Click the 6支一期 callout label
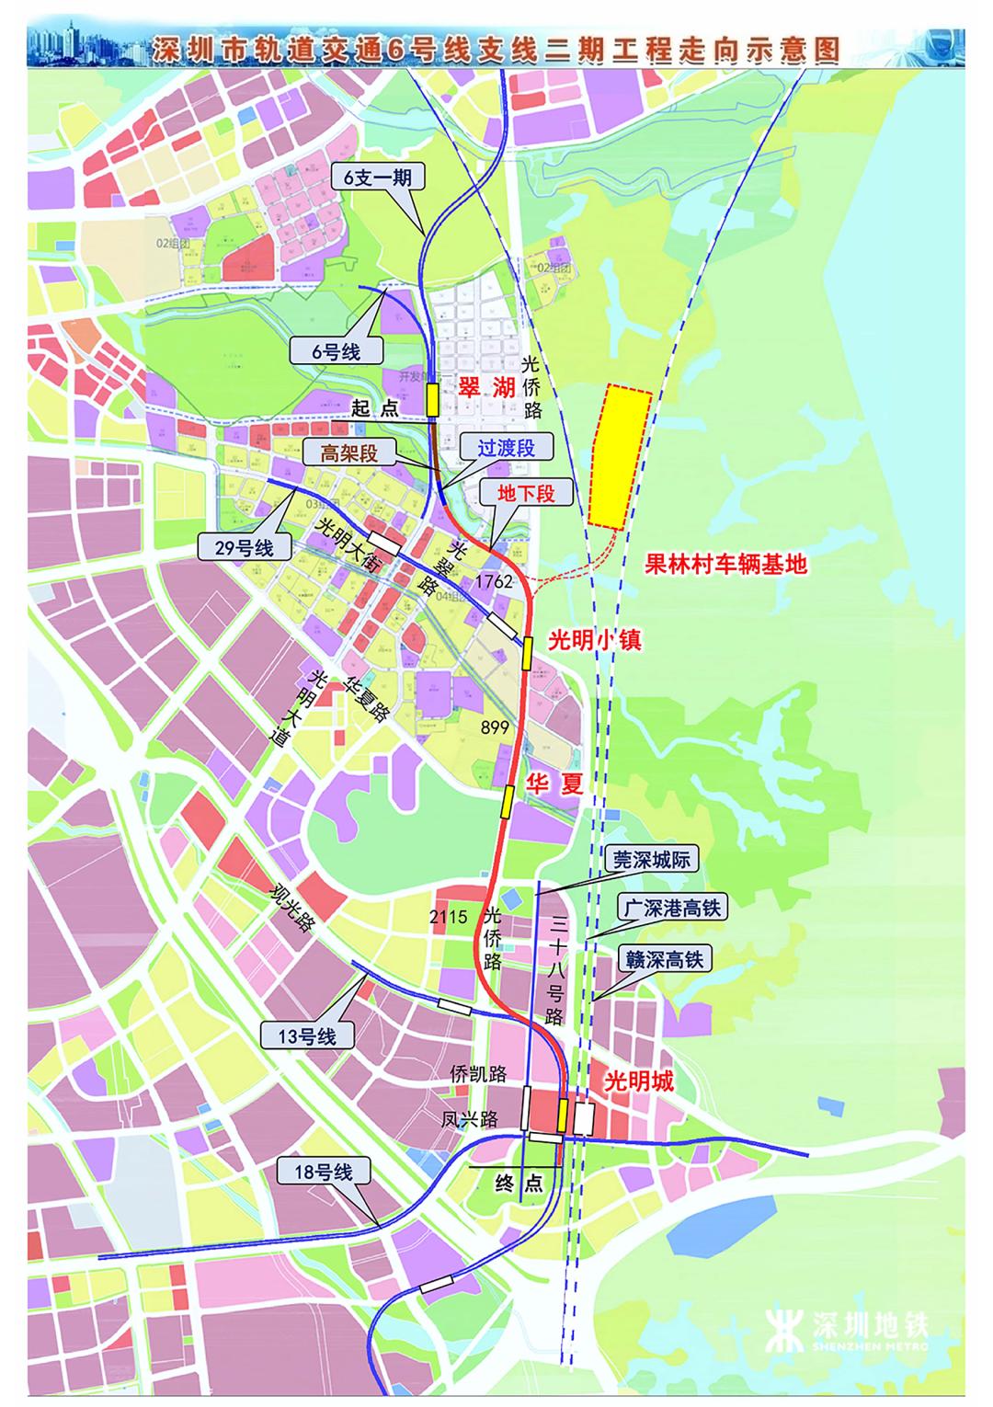(378, 178)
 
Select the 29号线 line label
(245, 548)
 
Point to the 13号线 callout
(307, 1035)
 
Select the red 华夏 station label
(554, 784)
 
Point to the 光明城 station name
(638, 1081)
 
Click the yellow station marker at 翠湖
(431, 402)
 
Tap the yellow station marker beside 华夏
(507, 801)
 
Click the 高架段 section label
(349, 452)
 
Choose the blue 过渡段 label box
(505, 448)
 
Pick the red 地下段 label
(526, 492)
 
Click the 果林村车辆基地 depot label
(725, 563)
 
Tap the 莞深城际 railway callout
(651, 860)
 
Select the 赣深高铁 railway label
(667, 959)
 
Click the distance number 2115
(449, 916)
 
